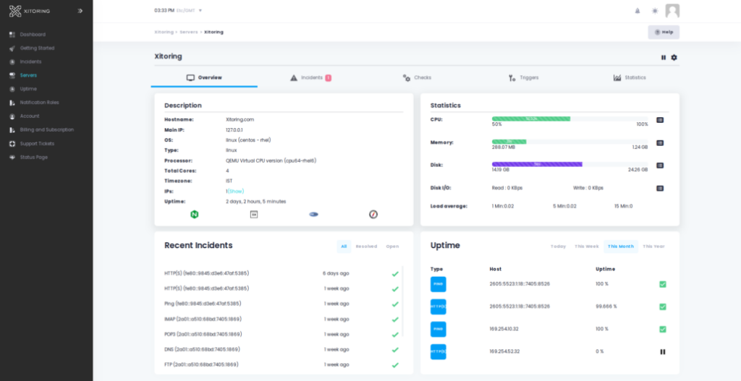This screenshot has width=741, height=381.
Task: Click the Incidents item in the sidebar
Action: point(30,61)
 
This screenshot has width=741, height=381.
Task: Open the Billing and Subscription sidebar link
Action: point(46,129)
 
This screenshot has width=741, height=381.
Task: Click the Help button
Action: point(664,32)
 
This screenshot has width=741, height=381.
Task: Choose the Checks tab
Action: point(418,77)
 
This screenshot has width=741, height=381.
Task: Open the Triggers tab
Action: point(524,77)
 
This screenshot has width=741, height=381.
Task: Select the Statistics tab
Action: point(630,77)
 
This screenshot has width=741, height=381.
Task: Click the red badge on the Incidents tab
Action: point(328,77)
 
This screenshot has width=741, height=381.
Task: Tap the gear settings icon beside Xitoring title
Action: point(674,57)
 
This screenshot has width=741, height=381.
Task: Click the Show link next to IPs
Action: point(237,191)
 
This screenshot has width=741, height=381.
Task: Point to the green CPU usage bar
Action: point(531,118)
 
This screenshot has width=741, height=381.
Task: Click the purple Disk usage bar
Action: point(537,164)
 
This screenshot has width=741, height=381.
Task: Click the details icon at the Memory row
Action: point(660,143)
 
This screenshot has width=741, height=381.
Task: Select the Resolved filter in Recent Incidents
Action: point(366,247)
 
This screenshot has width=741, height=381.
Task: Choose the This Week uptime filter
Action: point(587,247)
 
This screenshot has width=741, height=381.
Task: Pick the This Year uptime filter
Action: point(653,247)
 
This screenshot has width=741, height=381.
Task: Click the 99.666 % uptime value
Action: point(606,307)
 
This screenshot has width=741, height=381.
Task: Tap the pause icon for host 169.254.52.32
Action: point(662,351)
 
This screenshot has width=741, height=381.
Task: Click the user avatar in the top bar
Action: point(672,11)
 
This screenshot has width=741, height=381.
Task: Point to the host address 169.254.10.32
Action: point(504,329)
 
